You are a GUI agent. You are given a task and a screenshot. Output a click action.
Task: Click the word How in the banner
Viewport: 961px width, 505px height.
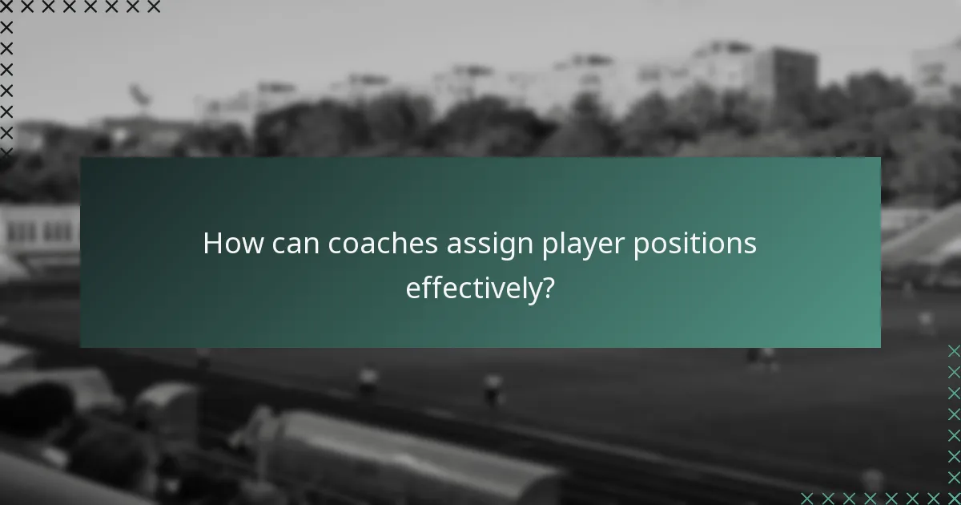[231, 244]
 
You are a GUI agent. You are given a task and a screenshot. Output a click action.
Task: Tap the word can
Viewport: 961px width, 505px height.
[296, 244]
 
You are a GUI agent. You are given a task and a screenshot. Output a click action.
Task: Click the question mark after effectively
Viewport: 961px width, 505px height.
[549, 288]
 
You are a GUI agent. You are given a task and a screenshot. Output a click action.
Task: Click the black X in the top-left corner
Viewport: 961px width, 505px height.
[6, 7]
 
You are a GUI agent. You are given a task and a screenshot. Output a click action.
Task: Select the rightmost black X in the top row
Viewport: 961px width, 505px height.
[153, 7]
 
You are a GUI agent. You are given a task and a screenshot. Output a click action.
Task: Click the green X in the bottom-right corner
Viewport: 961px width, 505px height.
[953, 498]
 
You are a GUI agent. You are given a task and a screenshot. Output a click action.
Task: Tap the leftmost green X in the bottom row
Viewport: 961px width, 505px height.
[807, 498]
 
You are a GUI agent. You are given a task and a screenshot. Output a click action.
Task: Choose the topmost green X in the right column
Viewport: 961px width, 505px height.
[953, 351]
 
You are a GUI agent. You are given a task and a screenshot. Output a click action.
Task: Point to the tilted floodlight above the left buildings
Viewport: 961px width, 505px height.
[141, 96]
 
